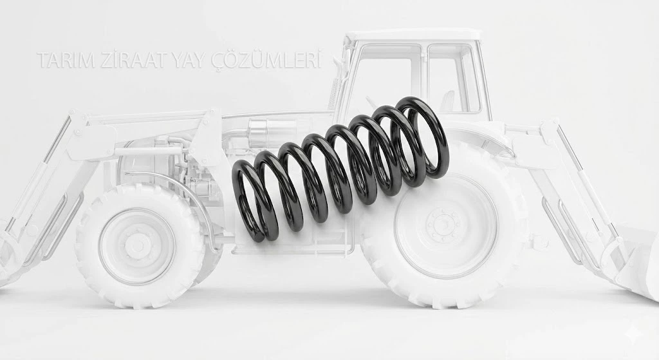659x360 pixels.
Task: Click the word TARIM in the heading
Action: tap(66, 60)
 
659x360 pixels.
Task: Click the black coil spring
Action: tap(340, 168)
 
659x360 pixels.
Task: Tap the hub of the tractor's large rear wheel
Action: tap(444, 222)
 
